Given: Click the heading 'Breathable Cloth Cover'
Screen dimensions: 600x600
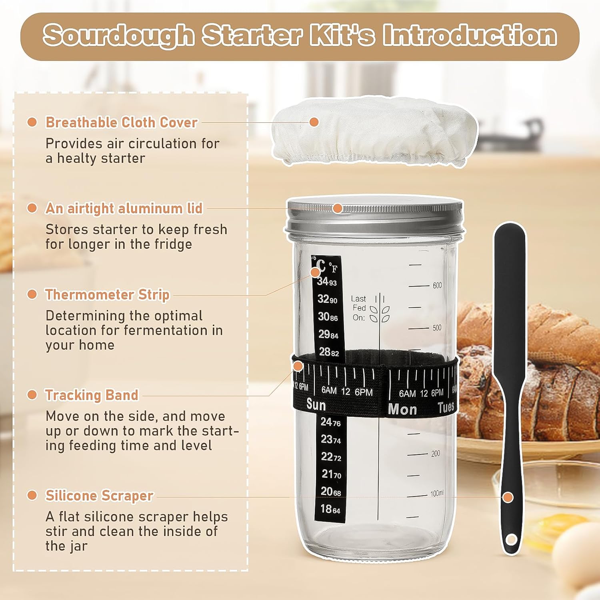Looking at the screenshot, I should click(x=122, y=122).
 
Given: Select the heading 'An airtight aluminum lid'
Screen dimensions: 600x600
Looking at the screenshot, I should click(x=124, y=208).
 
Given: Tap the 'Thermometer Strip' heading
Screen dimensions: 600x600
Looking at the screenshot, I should click(x=107, y=294).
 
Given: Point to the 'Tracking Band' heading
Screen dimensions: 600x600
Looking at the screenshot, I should click(x=92, y=395).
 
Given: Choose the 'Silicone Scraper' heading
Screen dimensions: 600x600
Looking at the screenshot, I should click(x=99, y=495).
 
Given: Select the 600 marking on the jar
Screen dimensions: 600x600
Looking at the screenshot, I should click(x=437, y=286).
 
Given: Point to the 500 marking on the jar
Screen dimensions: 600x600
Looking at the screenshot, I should click(x=437, y=328).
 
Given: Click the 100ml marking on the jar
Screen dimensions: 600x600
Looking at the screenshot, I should click(x=437, y=494).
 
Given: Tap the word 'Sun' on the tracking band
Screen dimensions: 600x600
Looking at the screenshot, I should click(x=316, y=405).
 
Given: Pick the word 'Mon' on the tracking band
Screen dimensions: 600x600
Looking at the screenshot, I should click(x=402, y=409).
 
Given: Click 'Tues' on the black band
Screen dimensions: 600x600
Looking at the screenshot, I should click(x=446, y=407).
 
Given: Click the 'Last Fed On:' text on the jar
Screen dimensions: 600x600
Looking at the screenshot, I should click(x=359, y=308).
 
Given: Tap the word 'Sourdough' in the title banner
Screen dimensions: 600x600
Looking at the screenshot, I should click(x=119, y=36).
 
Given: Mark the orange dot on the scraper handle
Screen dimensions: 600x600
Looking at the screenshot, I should click(x=508, y=497).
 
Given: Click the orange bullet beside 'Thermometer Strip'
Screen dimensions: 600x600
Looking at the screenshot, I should click(x=32, y=294).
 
